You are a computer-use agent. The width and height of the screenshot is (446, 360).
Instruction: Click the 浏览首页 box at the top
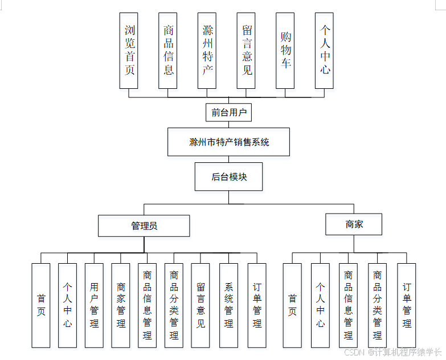(x=129, y=50)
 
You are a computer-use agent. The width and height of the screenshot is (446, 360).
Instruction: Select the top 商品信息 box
(x=167, y=50)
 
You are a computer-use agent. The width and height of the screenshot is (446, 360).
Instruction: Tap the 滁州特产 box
(x=207, y=50)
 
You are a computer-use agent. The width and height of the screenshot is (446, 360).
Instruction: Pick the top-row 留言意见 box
(x=246, y=50)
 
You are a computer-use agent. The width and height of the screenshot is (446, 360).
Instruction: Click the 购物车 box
(x=285, y=50)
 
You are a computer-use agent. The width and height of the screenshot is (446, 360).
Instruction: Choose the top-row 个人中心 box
(x=324, y=50)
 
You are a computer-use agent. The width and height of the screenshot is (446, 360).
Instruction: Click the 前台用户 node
(x=228, y=112)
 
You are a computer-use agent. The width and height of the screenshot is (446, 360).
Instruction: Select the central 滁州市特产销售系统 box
(x=228, y=142)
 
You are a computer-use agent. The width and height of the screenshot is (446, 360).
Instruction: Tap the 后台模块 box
(x=228, y=177)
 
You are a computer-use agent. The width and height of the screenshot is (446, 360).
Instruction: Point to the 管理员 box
(x=144, y=226)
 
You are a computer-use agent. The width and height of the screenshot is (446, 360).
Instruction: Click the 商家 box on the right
(x=354, y=224)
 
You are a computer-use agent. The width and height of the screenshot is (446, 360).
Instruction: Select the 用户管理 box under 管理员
(x=94, y=305)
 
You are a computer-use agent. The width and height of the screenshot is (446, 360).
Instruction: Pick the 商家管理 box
(x=121, y=305)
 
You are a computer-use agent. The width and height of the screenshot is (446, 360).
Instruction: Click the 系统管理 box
(x=228, y=305)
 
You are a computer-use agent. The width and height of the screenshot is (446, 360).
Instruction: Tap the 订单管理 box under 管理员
(x=257, y=305)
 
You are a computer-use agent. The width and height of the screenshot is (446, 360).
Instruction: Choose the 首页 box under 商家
(x=292, y=305)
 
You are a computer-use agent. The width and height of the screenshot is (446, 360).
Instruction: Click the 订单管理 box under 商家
(x=407, y=305)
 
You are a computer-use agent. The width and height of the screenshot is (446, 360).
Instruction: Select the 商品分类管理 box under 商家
(x=377, y=305)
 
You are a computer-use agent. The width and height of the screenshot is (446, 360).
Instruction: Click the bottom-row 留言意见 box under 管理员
(x=201, y=305)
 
